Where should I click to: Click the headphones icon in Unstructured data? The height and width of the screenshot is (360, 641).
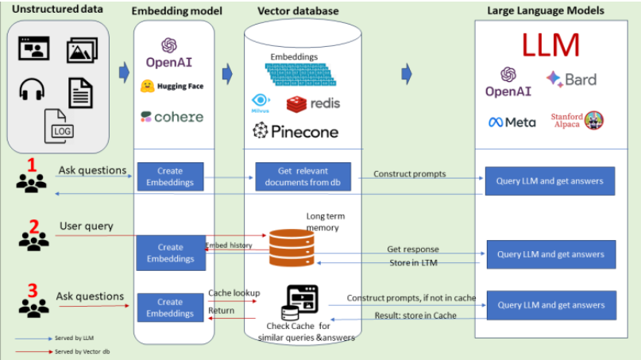pos(31,90)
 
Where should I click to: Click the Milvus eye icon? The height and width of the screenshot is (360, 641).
pos(261,101)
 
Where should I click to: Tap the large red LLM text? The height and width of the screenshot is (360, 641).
pos(550,45)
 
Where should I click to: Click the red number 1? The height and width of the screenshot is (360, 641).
pos(32,165)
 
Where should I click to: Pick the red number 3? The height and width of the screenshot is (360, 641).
pos(33,290)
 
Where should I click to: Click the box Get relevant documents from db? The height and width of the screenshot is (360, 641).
pos(303,176)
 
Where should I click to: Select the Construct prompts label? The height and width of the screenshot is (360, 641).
pos(410,173)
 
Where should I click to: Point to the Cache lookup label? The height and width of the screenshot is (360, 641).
pos(234,292)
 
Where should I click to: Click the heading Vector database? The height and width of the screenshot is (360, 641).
pos(298,10)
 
